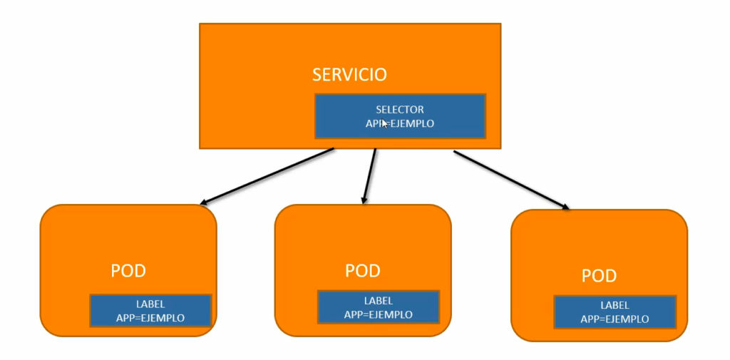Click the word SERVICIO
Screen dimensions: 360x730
(x=349, y=74)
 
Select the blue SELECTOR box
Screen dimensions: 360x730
(x=400, y=115)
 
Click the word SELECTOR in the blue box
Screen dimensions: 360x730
(x=400, y=110)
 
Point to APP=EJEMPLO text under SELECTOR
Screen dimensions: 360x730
(x=400, y=123)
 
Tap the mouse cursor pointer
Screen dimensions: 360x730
(x=385, y=123)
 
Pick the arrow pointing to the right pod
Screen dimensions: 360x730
(x=511, y=180)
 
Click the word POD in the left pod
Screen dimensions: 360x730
(x=128, y=271)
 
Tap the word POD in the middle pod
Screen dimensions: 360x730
(x=363, y=271)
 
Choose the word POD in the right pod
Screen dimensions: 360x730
(x=599, y=276)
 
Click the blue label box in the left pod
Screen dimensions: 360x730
(x=150, y=310)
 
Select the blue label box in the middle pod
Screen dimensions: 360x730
(x=378, y=307)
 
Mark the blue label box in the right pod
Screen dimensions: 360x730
(x=615, y=312)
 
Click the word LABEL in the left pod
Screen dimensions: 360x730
(x=150, y=304)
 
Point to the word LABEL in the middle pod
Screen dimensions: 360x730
(x=378, y=301)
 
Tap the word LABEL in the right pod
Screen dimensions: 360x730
(x=615, y=306)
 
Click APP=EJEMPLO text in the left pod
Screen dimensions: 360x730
(x=150, y=317)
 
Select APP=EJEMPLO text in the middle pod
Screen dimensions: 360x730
(x=378, y=314)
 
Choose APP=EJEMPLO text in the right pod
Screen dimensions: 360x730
(x=615, y=319)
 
